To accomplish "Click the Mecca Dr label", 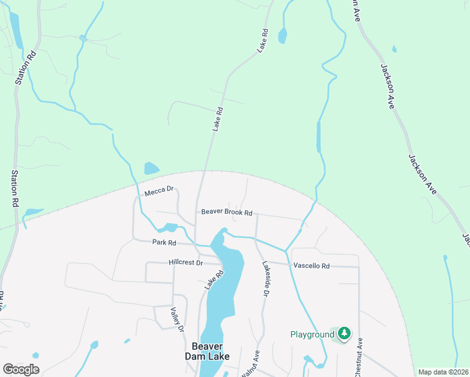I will pos(158,192).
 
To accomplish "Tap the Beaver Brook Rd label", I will pos(226,212).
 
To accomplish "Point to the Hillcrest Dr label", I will pos(185,262).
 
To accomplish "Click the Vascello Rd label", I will pos(311,266).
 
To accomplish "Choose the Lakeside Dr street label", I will pos(265,278).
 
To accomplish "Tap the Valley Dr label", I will pos(177,319).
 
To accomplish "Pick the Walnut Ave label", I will pos(249,364).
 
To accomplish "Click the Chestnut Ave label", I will pos(359,358).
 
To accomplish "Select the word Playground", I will pos(312,334).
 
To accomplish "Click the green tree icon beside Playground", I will pos(343,334).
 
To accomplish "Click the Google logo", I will pos(21,369).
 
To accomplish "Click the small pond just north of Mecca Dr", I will pos(151,168).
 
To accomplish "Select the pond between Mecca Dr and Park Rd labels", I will pos(169,227).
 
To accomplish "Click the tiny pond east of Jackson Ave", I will pos(394,48).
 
